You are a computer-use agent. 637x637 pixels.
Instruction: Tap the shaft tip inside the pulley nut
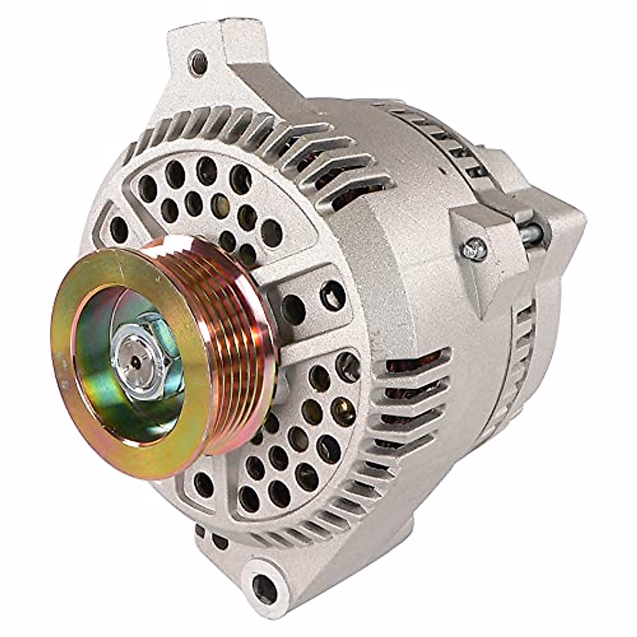136,361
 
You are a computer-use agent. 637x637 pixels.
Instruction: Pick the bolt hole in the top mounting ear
199,62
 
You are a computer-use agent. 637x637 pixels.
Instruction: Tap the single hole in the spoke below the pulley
204,483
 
